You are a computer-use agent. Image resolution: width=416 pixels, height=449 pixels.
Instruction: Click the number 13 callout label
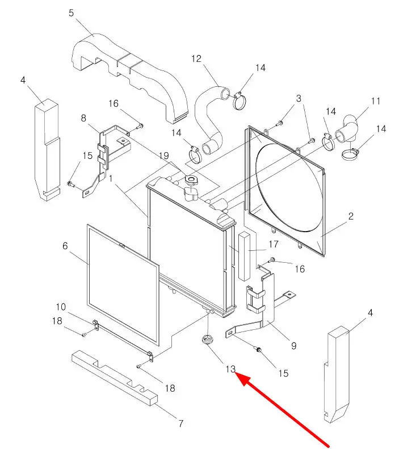point(230,369)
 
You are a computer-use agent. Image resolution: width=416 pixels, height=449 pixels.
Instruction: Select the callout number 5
point(72,12)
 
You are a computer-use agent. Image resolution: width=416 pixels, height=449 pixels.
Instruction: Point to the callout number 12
point(196,58)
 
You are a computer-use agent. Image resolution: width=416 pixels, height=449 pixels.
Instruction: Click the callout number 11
point(376,102)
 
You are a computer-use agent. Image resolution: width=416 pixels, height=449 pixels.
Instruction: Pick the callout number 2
point(351,216)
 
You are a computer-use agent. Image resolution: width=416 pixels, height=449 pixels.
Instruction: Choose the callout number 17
point(274,245)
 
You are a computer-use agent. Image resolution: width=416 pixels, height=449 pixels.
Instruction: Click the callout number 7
point(180,423)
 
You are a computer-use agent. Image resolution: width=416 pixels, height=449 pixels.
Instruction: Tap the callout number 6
point(65,246)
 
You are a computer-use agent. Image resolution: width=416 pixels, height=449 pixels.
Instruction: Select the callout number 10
point(61,307)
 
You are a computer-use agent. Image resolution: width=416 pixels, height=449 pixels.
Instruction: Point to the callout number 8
point(83,119)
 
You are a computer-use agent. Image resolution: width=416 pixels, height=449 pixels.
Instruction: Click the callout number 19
point(164,156)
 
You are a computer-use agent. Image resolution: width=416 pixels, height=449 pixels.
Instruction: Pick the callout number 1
point(111,178)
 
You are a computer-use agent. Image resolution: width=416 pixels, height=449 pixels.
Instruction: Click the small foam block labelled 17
point(244,255)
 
